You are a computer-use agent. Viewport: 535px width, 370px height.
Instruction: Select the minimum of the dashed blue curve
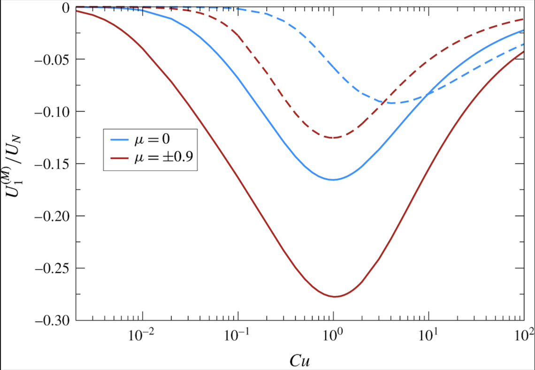pyautogui.click(x=392, y=103)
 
